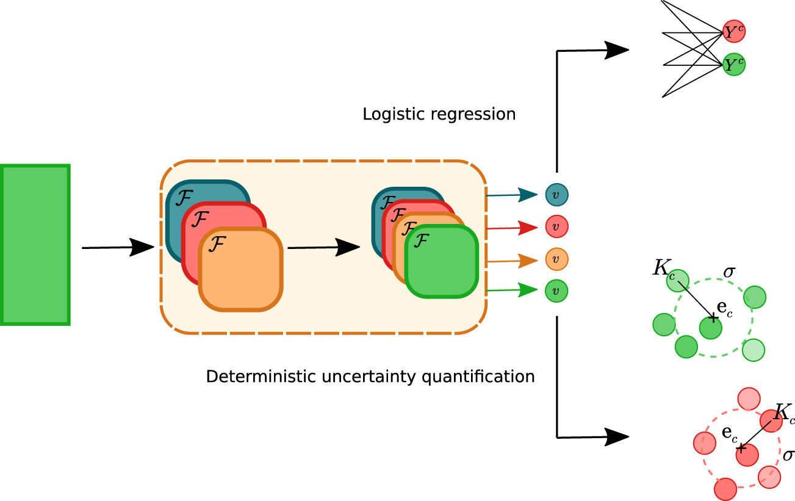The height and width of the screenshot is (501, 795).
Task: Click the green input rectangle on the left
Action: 35,244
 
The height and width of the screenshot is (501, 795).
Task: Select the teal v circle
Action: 556,195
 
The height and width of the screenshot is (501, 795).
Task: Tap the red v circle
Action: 556,227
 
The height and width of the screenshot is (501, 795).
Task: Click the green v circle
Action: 556,291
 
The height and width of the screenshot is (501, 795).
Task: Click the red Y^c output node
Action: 734,32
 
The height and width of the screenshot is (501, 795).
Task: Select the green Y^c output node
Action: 734,65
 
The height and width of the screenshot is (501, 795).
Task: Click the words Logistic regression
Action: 439,115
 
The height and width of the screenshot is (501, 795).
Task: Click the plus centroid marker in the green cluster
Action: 711,319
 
